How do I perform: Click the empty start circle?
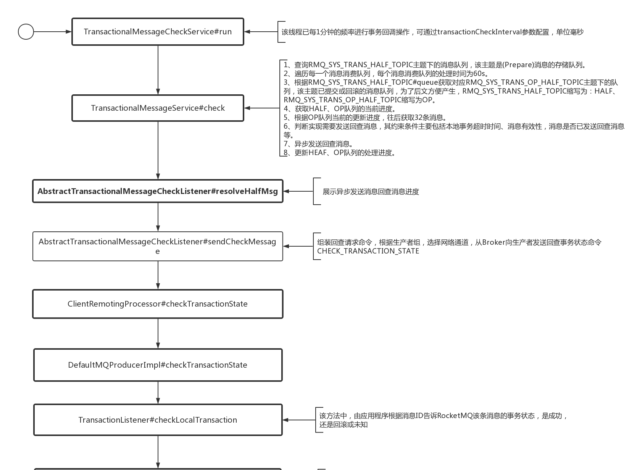pos(26,32)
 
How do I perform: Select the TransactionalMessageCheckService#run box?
pos(158,32)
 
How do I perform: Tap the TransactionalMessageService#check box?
pos(158,108)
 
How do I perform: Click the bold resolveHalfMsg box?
pos(158,191)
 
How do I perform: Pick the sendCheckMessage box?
pos(158,246)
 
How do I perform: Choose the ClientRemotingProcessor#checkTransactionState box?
pos(158,304)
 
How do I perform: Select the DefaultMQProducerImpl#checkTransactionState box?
pos(158,365)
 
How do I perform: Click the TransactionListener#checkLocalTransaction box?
pos(158,420)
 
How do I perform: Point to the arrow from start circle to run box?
pos(53,32)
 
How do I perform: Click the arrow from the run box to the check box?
pos(158,70)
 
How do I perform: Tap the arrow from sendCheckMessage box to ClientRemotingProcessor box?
pos(158,275)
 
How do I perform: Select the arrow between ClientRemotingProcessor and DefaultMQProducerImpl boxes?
pos(158,333)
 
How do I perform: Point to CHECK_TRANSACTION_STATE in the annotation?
pos(368,251)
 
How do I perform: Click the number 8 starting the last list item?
pos(286,153)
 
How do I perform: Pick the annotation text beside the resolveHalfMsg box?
pos(371,192)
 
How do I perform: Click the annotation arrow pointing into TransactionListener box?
pos(299,420)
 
